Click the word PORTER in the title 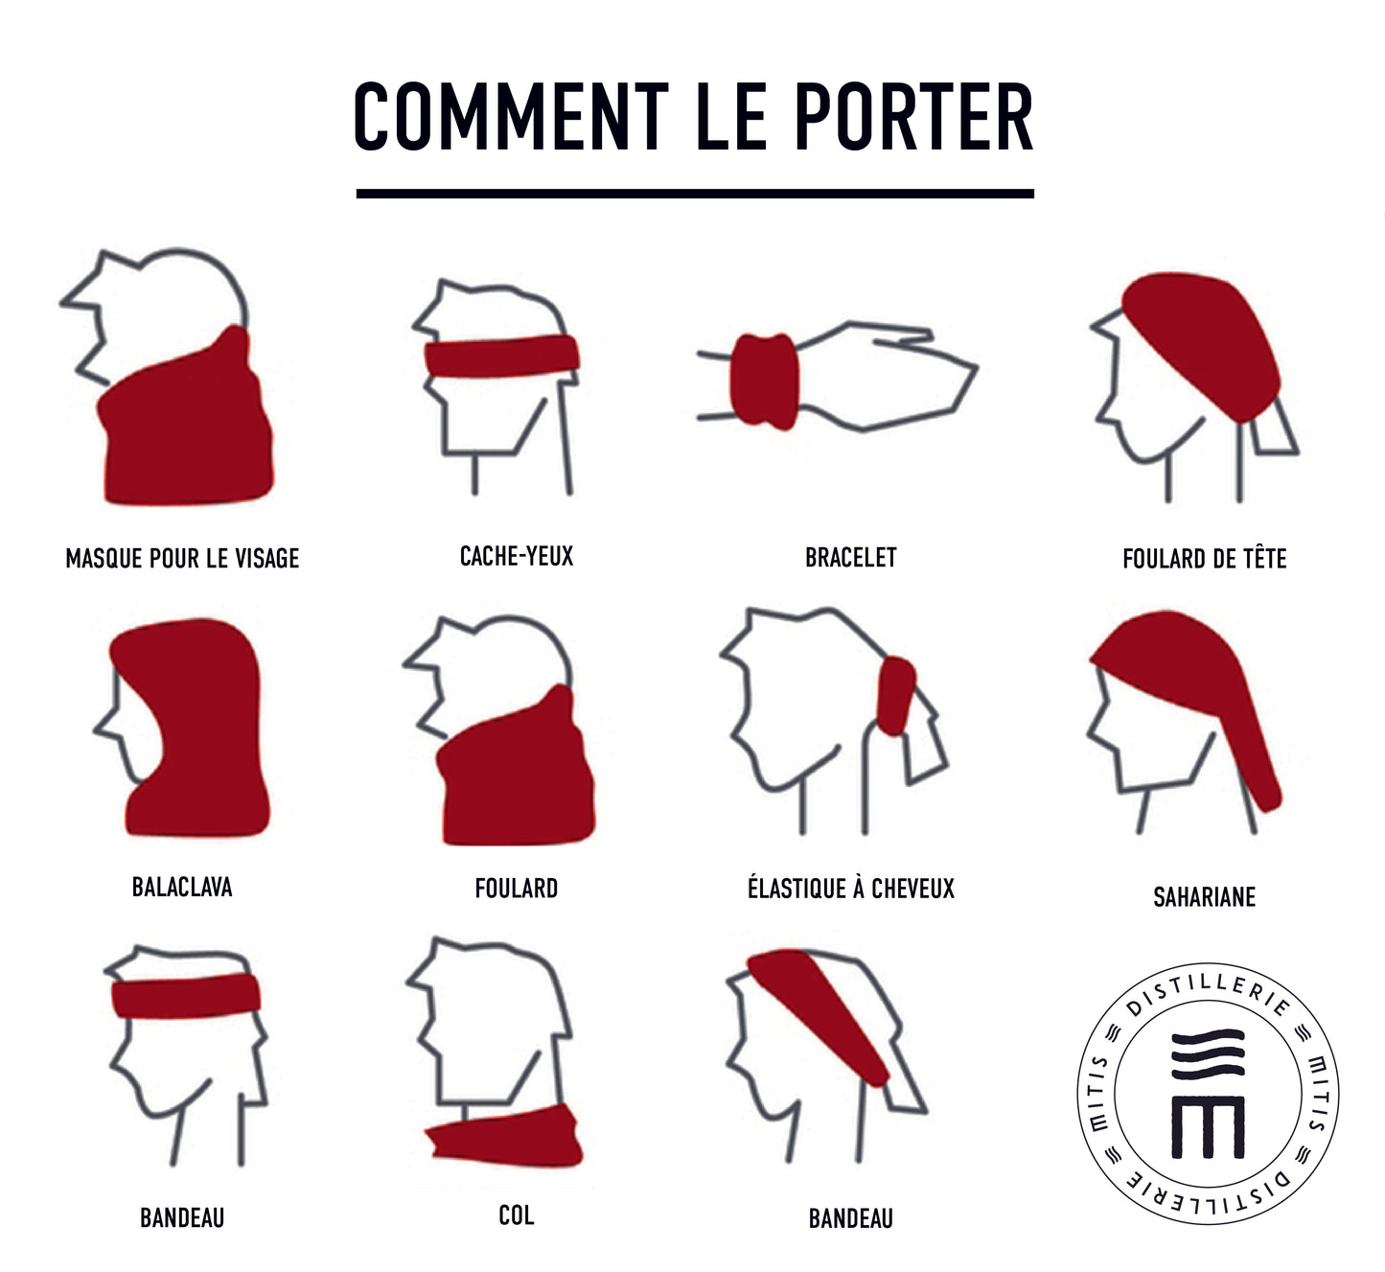pos(913,116)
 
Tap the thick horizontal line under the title pos(695,194)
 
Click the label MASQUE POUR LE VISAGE pos(182,559)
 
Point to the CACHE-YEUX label pos(517,556)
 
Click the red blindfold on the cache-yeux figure pos(502,357)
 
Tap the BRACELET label pos(850,557)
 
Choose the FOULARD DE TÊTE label pos(1205,558)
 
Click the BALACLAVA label pos(182,888)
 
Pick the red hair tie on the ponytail pos(896,696)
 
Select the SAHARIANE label pos(1205,897)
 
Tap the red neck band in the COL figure pos(504,1137)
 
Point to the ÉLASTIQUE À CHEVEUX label pos(851,888)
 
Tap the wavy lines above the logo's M pos(1209,1054)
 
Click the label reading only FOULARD pos(517,888)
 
